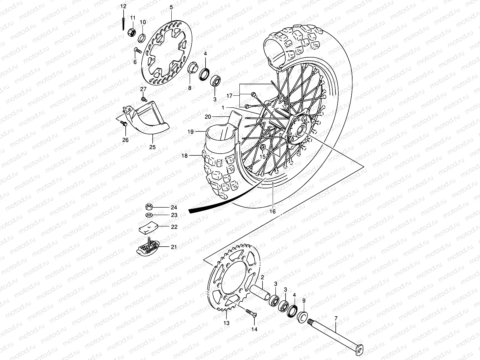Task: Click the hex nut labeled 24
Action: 149,207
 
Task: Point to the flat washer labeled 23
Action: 149,215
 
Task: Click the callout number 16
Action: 272,211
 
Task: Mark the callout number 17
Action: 229,96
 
